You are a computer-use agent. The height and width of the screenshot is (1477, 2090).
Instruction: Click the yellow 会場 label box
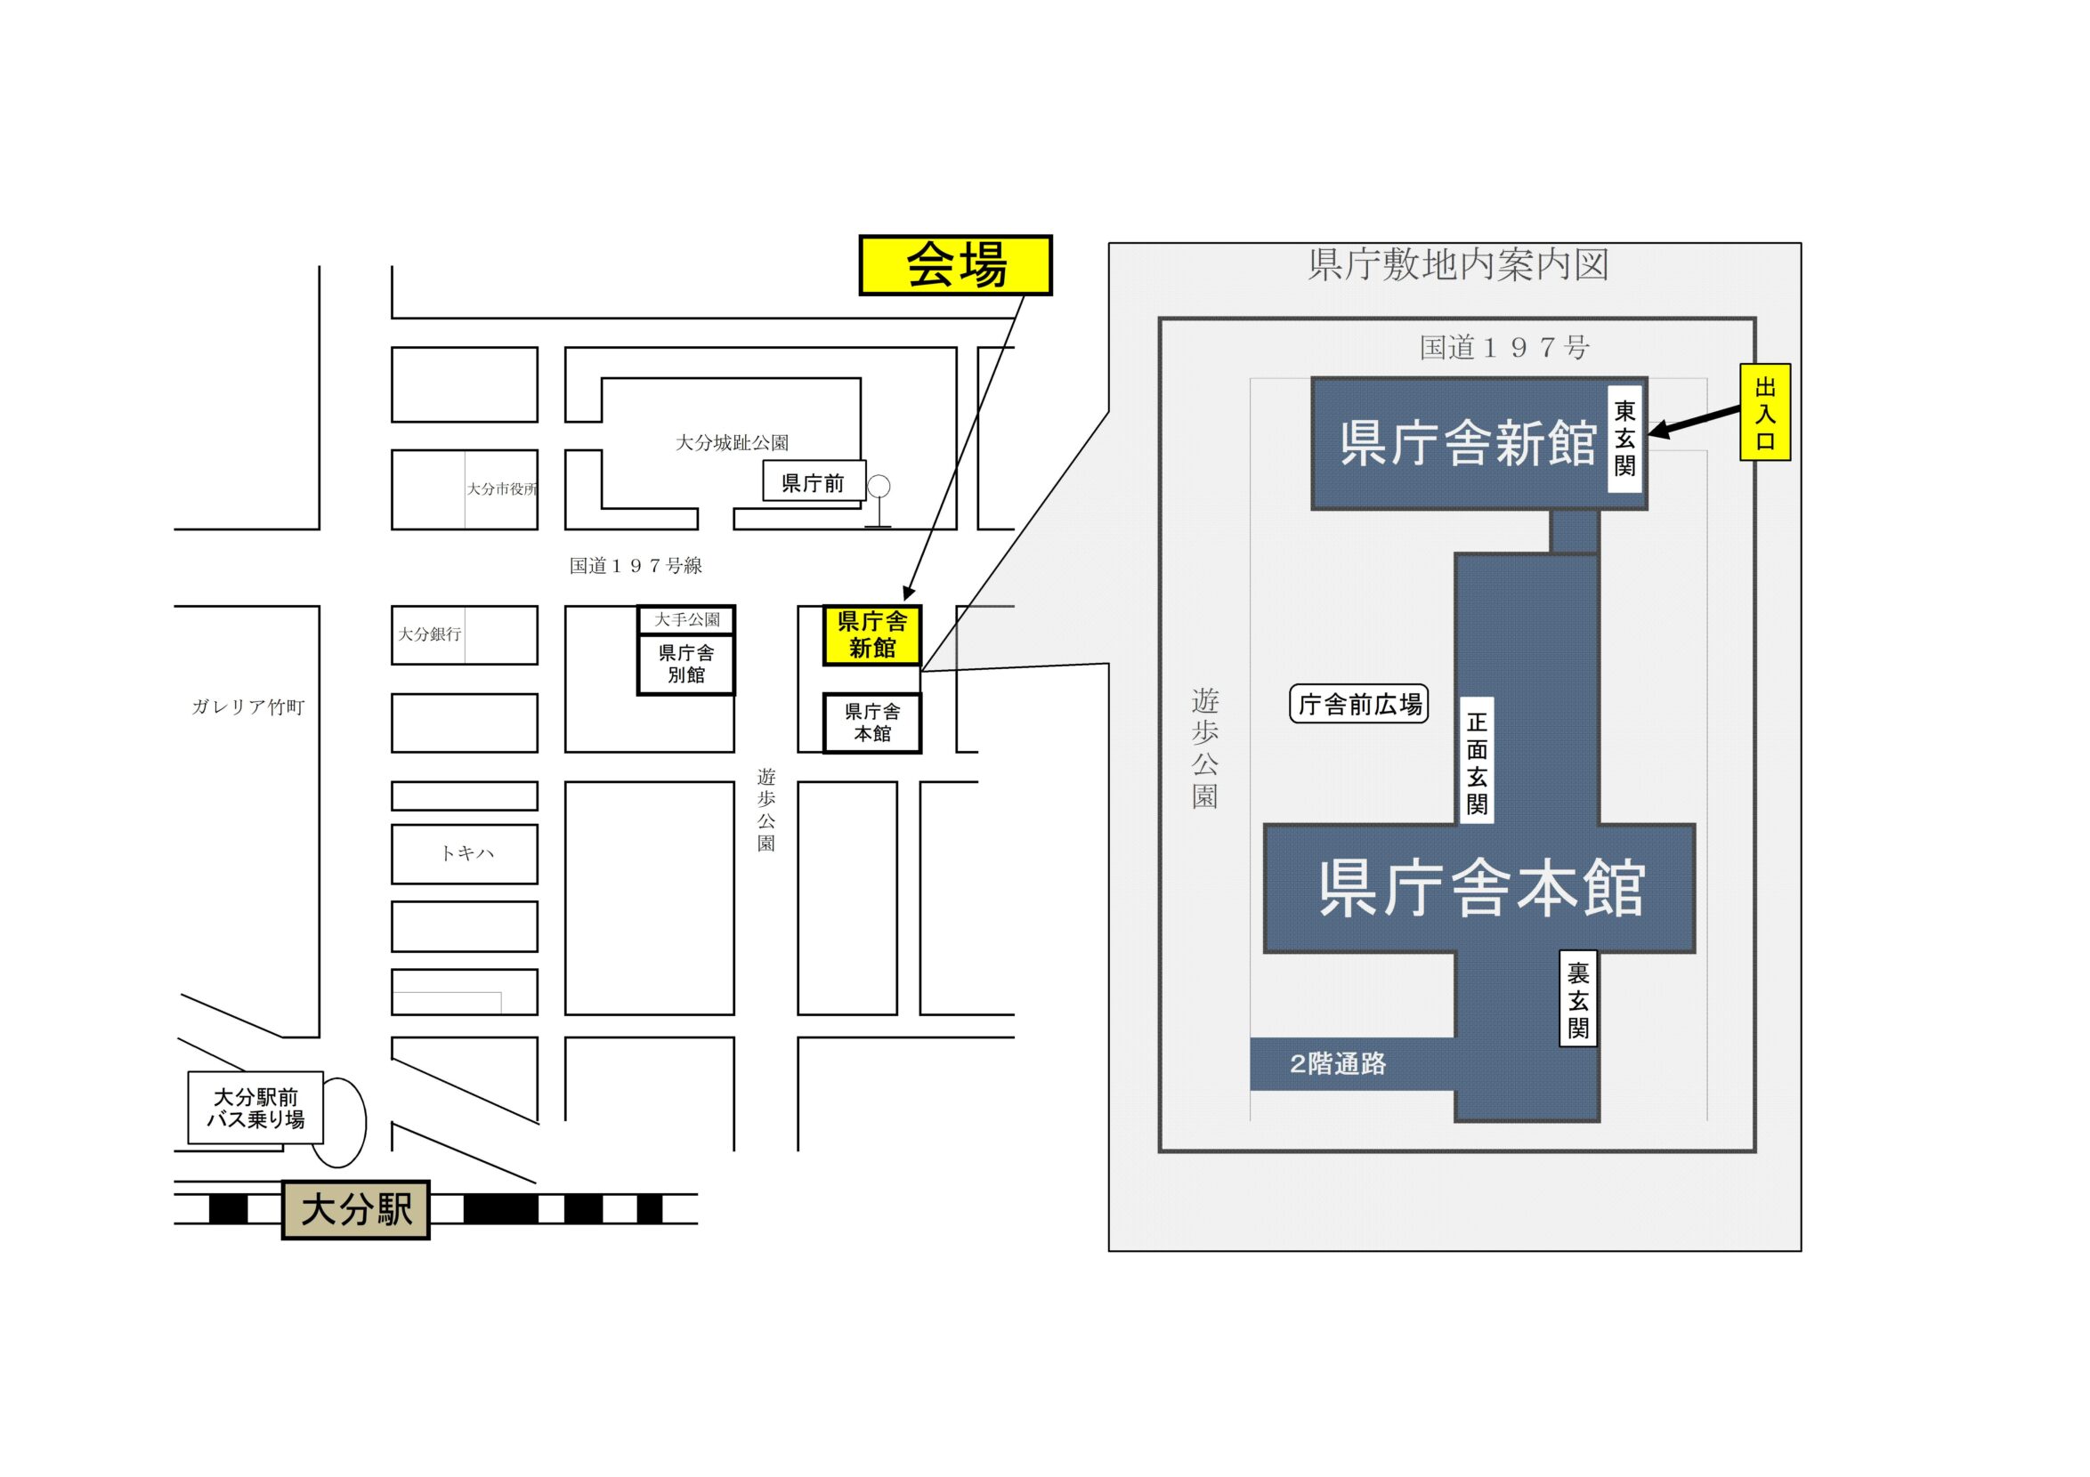[955, 265]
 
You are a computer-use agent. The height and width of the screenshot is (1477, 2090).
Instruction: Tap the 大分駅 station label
[355, 1209]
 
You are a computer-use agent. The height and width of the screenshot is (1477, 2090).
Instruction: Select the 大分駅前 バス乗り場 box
[255, 1108]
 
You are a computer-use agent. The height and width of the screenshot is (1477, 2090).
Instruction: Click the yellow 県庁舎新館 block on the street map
[871, 634]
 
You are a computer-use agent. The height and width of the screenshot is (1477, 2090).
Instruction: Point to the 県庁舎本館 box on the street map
[871, 722]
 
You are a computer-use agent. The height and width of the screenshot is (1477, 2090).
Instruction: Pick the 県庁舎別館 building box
[685, 664]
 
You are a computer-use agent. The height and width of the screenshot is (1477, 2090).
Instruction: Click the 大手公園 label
[686, 620]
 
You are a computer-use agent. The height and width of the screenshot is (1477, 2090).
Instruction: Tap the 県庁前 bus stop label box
[812, 483]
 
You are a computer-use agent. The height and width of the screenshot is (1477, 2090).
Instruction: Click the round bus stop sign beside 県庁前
[878, 488]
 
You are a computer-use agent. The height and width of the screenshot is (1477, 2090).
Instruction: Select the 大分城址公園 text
[731, 443]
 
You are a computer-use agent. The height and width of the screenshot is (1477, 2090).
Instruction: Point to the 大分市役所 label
[501, 488]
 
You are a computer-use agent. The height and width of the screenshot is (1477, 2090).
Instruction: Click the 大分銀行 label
[430, 634]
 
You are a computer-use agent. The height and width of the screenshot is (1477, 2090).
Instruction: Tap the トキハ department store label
[466, 852]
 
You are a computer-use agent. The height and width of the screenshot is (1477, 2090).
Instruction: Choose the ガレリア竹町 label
[247, 707]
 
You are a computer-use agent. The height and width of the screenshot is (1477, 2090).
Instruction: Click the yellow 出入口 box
[1764, 412]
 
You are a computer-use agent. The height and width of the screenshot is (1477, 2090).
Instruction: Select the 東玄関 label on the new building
[1624, 439]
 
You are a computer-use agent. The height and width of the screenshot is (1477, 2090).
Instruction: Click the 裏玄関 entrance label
[1577, 1000]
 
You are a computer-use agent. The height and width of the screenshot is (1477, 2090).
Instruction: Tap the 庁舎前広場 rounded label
[1359, 705]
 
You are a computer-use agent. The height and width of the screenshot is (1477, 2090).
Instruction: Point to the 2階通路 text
[1337, 1064]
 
